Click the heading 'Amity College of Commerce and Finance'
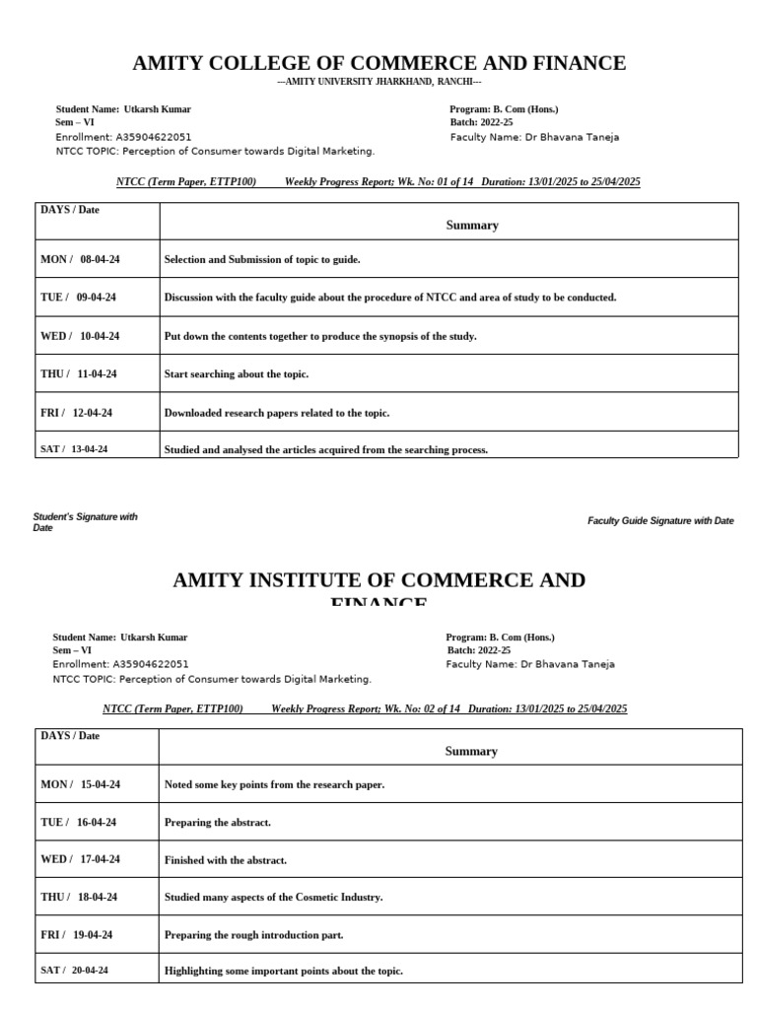pos(379,64)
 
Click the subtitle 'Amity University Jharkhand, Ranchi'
pos(379,82)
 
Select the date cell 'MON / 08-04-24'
pos(80,259)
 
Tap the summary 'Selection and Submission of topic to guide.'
pos(262,259)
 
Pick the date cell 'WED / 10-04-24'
pos(80,336)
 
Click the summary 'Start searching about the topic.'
pos(237,374)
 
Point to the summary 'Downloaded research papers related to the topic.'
pos(277,413)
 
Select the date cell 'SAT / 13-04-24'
pos(74,449)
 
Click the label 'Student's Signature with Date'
pos(85,521)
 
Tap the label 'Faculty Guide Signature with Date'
pos(660,520)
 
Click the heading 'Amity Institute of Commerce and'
pos(378,580)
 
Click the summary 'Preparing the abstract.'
pos(217,822)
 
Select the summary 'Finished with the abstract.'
pos(226,860)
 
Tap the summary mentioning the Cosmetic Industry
pos(273,898)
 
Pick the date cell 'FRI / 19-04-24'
pos(77,934)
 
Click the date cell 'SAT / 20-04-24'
pos(74,971)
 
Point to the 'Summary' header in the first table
pos(472,225)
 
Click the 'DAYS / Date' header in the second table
pos(70,736)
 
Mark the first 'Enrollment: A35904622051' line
pos(123,137)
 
